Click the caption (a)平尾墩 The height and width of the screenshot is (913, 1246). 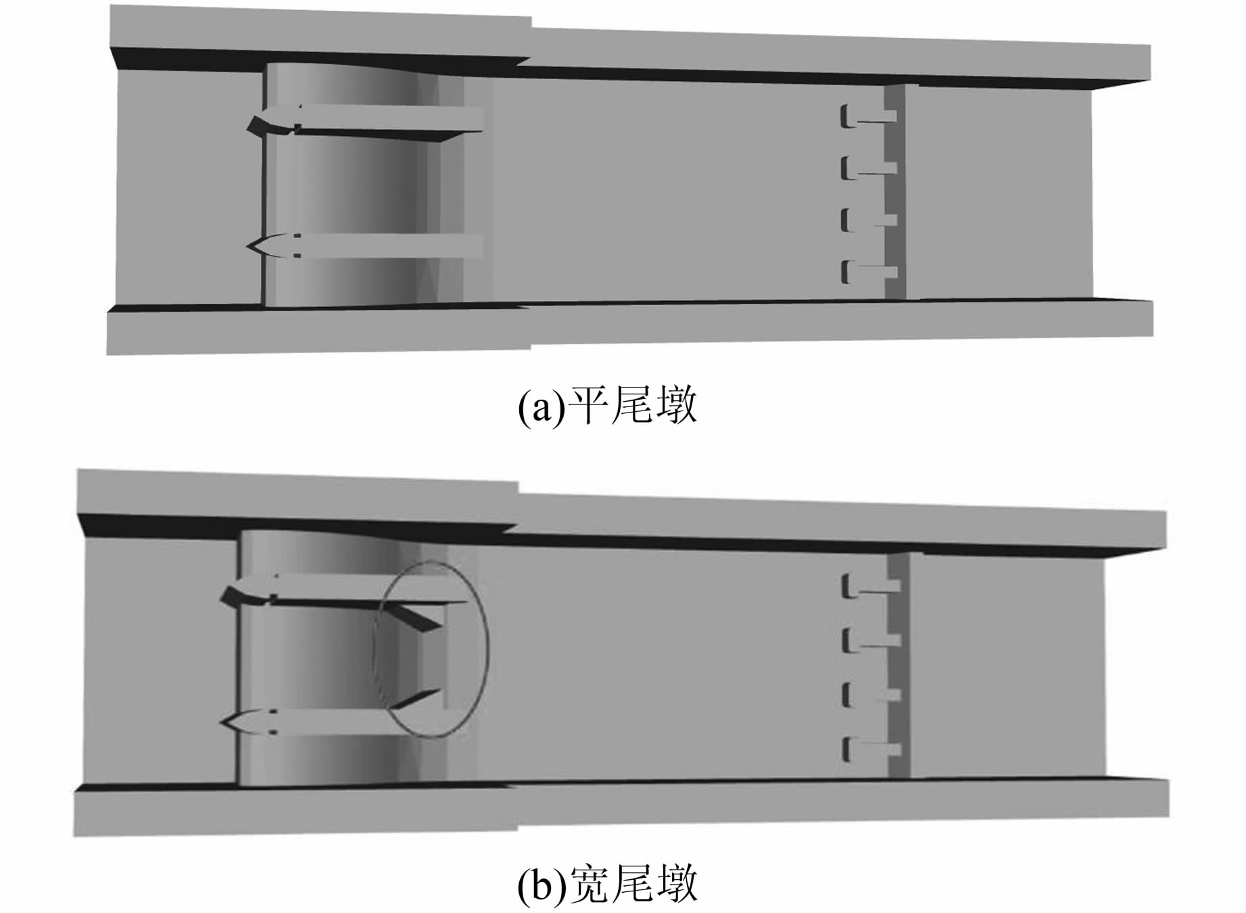607,406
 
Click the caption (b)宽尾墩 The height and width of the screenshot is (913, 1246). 607,883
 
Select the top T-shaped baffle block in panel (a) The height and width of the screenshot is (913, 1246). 868,116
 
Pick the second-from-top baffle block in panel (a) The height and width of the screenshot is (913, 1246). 868,168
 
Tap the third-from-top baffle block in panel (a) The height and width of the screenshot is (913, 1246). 868,220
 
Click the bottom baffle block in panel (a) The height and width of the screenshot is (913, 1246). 868,272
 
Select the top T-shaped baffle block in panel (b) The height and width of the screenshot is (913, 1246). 871,586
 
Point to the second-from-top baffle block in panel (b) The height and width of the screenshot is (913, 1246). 871,640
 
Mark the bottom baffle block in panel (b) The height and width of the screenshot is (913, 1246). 871,750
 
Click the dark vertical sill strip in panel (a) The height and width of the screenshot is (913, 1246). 895,191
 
